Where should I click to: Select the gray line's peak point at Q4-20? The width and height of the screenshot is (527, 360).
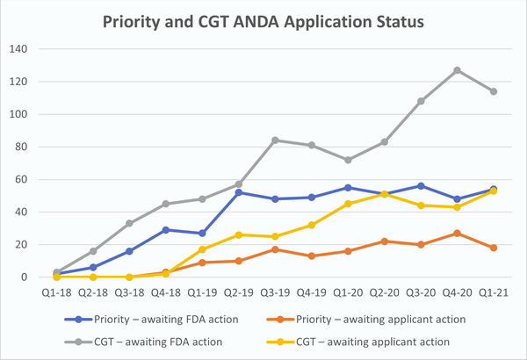(457, 70)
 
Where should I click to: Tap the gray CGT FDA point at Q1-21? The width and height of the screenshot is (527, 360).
(493, 91)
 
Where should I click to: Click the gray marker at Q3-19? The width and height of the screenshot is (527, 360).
(275, 140)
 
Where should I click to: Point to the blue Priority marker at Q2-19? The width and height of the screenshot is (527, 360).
(239, 192)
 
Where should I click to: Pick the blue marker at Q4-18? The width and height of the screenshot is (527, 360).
(166, 230)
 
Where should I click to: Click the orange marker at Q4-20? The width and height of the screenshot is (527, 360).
(457, 234)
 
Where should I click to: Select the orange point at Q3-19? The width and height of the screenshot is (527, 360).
(275, 249)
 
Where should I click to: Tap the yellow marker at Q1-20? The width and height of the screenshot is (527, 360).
(348, 204)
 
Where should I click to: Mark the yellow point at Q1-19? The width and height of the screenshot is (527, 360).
(202, 249)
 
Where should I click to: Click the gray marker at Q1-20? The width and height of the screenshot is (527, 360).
(348, 160)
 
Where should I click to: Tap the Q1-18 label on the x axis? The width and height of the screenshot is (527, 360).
(57, 293)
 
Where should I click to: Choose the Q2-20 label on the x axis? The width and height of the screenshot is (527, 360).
(384, 293)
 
